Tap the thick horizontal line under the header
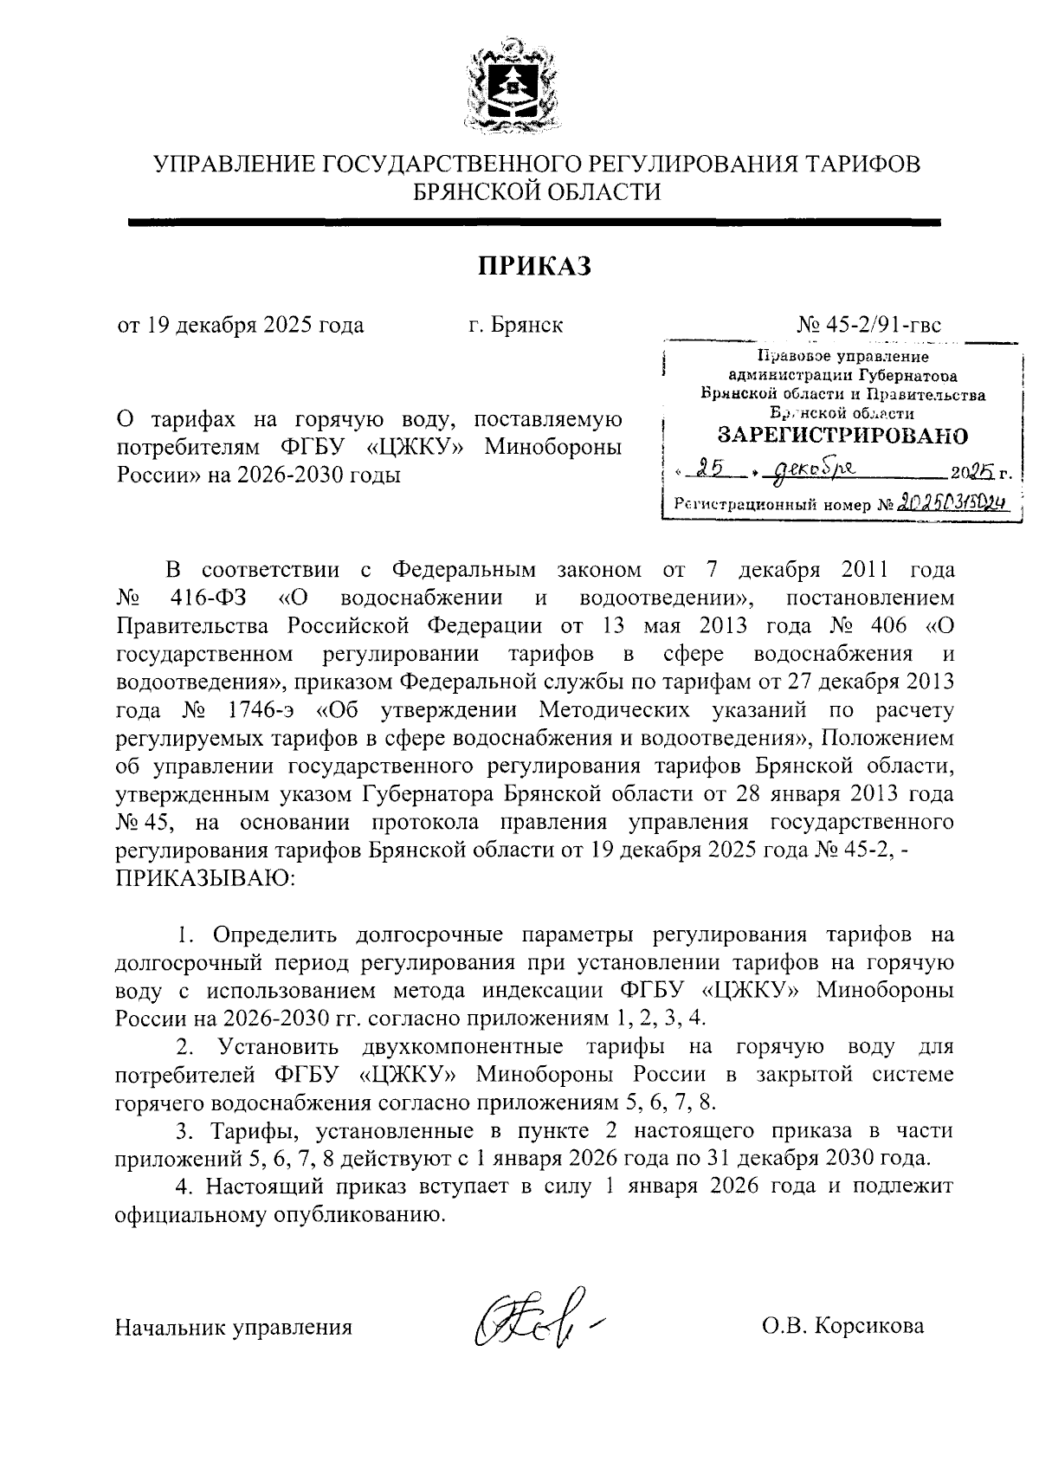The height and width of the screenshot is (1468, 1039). click(x=533, y=223)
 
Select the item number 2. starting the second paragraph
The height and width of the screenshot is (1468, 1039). click(x=186, y=1046)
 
